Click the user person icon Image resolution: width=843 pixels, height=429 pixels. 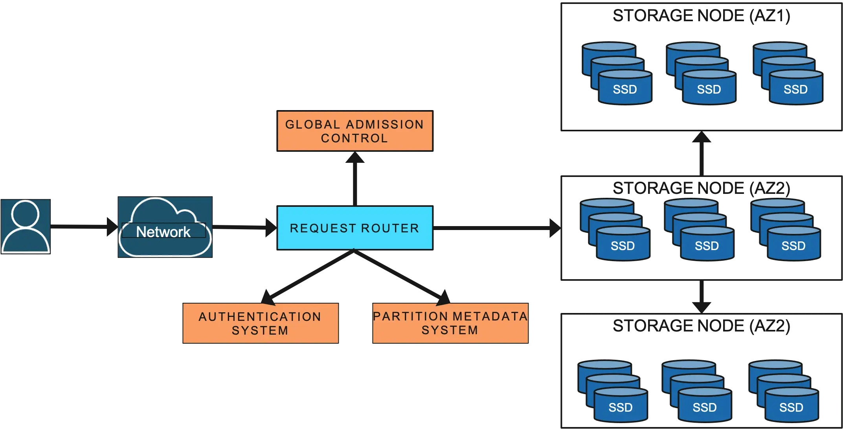(26, 227)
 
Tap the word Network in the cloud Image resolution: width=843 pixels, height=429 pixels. (163, 232)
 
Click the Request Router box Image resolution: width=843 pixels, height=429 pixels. (354, 228)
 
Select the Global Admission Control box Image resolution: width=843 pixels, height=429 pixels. (354, 131)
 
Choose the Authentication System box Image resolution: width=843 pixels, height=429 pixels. (261, 323)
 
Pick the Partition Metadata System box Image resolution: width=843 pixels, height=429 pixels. (450, 323)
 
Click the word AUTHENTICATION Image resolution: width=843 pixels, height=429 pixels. (260, 317)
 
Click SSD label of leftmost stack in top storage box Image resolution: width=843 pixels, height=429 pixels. (624, 90)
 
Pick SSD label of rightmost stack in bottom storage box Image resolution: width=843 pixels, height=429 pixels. (791, 408)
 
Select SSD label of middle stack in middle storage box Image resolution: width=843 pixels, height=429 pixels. (707, 246)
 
